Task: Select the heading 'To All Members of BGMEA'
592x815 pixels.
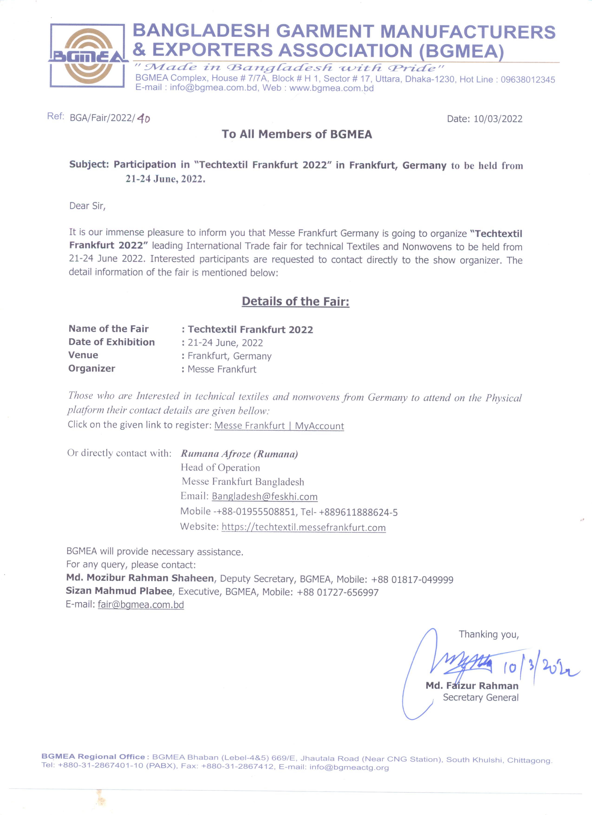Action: tap(297, 134)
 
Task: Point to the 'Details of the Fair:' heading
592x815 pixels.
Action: tap(295, 301)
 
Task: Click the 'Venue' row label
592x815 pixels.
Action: tap(83, 355)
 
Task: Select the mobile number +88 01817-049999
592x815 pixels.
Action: tap(412, 579)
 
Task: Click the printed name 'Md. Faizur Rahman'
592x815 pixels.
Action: tap(472, 686)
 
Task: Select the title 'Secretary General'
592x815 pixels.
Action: tap(480, 698)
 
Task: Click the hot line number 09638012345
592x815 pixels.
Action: tap(528, 80)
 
